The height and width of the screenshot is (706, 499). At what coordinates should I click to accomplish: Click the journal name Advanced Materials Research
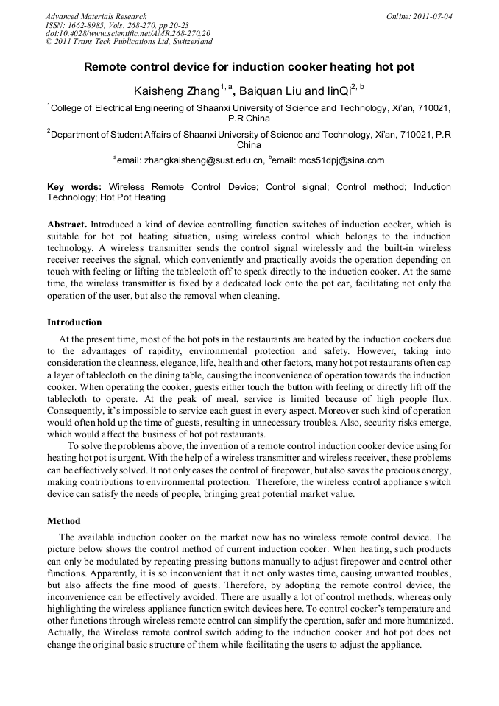(x=96, y=16)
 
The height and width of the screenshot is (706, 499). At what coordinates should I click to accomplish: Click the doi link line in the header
(x=127, y=34)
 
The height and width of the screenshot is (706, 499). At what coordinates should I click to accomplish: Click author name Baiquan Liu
(x=270, y=91)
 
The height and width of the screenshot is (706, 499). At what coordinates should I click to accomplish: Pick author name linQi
(x=338, y=91)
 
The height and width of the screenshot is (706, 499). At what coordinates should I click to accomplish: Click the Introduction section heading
(x=74, y=322)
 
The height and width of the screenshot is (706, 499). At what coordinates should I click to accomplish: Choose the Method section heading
(x=64, y=521)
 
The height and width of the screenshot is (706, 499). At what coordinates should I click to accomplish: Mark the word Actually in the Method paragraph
(x=68, y=632)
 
